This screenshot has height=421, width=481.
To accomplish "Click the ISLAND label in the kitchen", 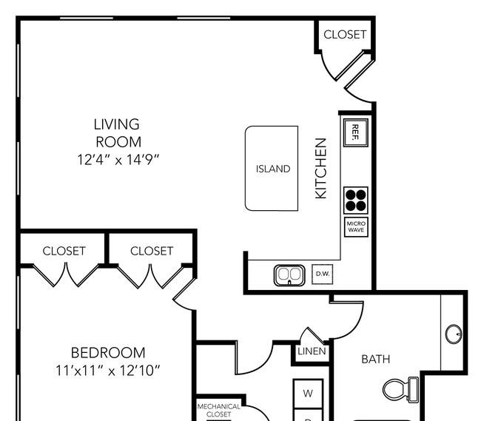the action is [x=273, y=169].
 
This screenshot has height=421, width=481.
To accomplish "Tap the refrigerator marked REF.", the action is [x=355, y=132].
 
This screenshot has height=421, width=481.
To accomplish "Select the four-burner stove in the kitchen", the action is [x=356, y=201].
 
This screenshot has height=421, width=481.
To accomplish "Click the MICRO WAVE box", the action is [x=356, y=227].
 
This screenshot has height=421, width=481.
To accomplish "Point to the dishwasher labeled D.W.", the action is [x=323, y=274].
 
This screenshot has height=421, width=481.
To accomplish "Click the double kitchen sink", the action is [x=289, y=275].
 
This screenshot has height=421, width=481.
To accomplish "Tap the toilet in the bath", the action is [x=400, y=390].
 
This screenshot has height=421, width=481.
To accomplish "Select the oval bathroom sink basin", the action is [x=454, y=334].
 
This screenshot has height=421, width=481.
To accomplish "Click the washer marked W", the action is [x=308, y=394].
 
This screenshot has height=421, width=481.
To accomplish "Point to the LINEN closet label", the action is [x=312, y=351].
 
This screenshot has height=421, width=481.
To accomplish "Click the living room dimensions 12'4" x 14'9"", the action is [x=118, y=160].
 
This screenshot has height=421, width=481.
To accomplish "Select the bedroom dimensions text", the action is [x=107, y=371].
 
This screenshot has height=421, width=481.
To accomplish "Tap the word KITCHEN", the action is [x=321, y=169].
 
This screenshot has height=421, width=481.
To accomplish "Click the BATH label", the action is [x=376, y=359].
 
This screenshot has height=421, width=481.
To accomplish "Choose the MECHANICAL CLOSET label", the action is [x=219, y=410].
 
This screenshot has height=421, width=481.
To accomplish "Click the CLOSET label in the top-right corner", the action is [x=345, y=35].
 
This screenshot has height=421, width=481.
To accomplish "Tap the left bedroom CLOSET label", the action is [x=64, y=251].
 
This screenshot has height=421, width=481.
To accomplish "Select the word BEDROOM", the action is [x=108, y=353].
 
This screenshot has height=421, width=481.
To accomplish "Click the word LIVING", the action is [x=117, y=124].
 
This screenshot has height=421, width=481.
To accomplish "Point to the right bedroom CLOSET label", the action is [x=152, y=251].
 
